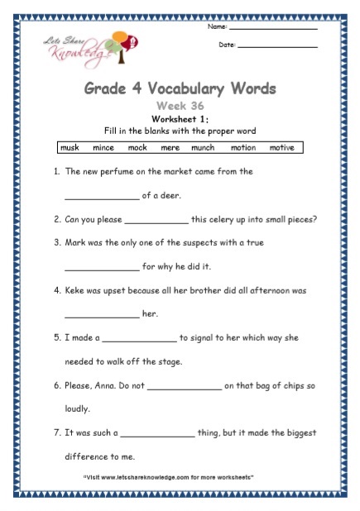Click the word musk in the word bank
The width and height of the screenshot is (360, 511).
point(70,148)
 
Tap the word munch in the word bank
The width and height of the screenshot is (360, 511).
point(201,148)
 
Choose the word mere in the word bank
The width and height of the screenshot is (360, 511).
point(169,148)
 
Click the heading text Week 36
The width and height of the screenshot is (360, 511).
point(180,106)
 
